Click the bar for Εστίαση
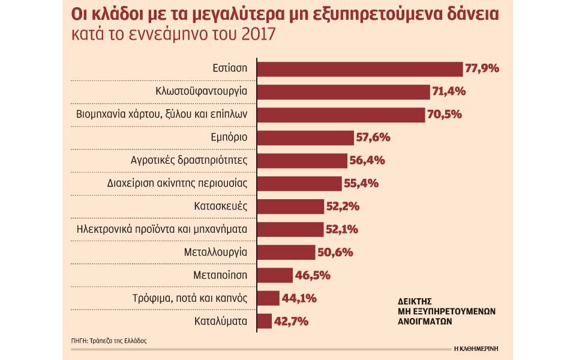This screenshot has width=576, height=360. click(360, 69)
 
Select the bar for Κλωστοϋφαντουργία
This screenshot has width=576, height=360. click(344, 92)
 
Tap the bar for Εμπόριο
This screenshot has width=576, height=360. click(305, 137)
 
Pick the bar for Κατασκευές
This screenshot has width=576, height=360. click(290, 206)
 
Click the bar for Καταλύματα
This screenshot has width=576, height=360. click(265, 321)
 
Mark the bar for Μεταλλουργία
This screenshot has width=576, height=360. click(286, 252)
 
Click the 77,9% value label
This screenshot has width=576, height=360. click(482, 69)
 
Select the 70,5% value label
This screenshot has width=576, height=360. click(443, 115)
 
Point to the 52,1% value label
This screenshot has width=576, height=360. click(342, 229)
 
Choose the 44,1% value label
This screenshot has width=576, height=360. click(299, 298)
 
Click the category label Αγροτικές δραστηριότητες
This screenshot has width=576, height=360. click(189, 161)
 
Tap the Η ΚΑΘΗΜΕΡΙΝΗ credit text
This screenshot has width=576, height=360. click(478, 348)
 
